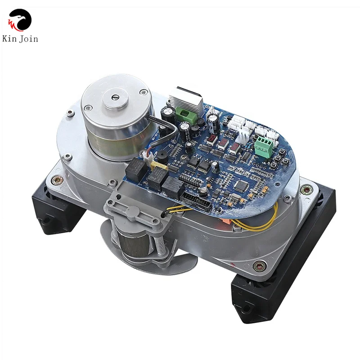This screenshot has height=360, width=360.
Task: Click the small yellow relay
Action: coord(159,170)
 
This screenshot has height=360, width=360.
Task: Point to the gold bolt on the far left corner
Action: coord(58,180)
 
